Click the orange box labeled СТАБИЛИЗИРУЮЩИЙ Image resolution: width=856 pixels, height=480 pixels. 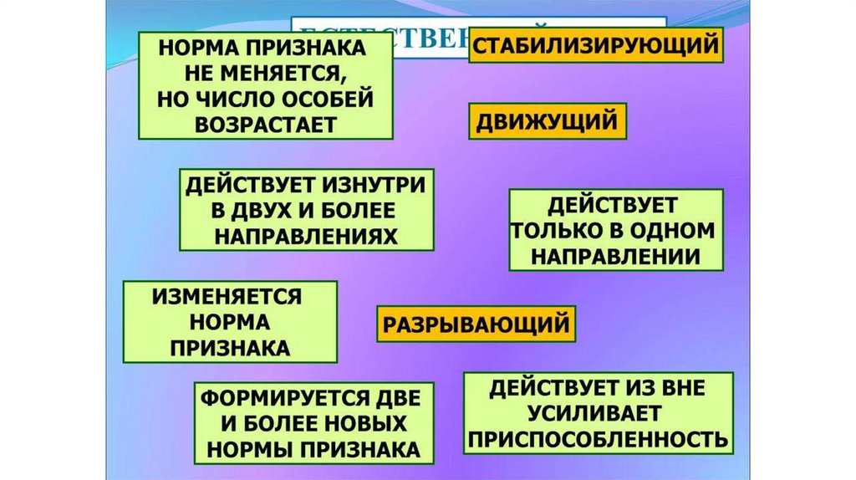[596, 45]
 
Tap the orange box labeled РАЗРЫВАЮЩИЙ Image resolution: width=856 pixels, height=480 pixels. [475, 323]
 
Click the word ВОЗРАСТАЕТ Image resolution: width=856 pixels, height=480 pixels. [267, 122]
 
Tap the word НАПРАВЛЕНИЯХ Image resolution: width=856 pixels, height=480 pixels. [305, 235]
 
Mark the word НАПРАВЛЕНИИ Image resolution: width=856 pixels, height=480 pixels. [616, 256]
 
